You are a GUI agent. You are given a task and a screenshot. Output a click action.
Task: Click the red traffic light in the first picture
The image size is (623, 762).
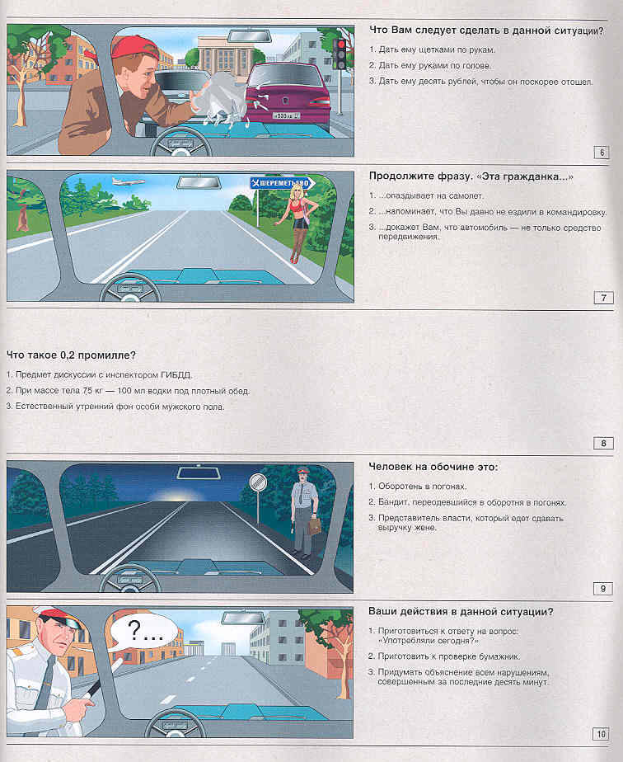click(x=340, y=44)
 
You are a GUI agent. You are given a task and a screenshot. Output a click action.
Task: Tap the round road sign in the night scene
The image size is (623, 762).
click(x=258, y=482)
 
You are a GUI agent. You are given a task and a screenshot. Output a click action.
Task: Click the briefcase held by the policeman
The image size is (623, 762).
click(x=314, y=526)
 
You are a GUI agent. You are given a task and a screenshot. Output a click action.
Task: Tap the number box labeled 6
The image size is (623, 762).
click(x=602, y=152)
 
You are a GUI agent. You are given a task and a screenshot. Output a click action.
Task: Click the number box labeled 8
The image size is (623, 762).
click(x=602, y=444)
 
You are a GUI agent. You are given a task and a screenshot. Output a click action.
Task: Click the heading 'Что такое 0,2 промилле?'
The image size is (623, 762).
click(x=71, y=355)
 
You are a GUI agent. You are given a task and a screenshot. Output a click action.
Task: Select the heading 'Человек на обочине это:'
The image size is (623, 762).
click(x=433, y=468)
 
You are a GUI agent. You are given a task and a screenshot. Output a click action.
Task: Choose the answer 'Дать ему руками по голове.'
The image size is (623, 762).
click(x=434, y=65)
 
